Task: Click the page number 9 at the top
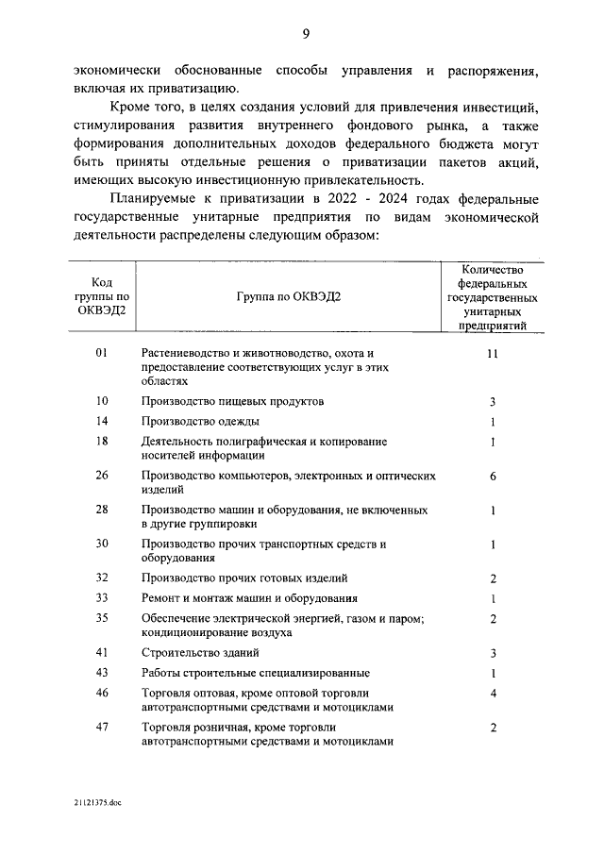pyautogui.click(x=306, y=35)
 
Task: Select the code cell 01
pyautogui.click(x=103, y=353)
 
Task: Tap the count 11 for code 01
pyautogui.click(x=493, y=353)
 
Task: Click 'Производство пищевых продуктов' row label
pyautogui.click(x=232, y=401)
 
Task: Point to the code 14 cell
pyautogui.click(x=103, y=421)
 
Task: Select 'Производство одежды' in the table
pyautogui.click(x=200, y=421)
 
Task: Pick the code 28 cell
pyautogui.click(x=103, y=510)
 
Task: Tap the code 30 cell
pyautogui.click(x=103, y=544)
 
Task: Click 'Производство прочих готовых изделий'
pyautogui.click(x=244, y=578)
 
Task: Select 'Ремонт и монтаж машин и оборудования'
pyautogui.click(x=249, y=598)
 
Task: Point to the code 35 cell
pyautogui.click(x=103, y=618)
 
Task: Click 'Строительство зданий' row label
pyautogui.click(x=199, y=652)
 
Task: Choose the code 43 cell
pyautogui.click(x=103, y=673)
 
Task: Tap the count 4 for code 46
pyautogui.click(x=493, y=694)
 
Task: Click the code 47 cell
pyautogui.click(x=103, y=728)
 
